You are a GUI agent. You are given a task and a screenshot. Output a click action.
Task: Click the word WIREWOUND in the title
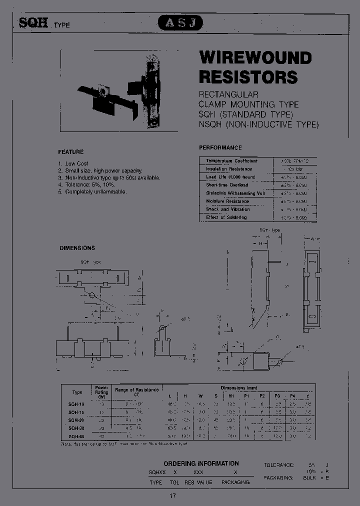coord(255,58)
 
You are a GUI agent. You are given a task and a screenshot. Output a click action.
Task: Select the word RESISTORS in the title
coord(248,77)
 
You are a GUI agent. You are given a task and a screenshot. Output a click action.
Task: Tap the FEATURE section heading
coord(71,151)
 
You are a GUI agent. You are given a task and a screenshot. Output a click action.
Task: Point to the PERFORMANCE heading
coord(220,147)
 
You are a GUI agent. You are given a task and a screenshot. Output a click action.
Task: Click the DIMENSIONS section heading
coord(77,248)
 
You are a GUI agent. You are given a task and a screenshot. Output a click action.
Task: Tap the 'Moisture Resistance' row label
coord(227,201)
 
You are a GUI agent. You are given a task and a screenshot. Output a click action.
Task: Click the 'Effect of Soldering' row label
coord(226,217)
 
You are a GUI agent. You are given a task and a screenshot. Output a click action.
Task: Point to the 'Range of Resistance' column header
coord(137,390)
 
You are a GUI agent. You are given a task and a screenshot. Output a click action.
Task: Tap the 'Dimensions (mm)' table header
coord(240,387)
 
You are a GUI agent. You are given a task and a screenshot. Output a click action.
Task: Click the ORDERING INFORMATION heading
coord(201,463)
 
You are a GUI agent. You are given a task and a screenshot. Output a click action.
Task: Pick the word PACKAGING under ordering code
coord(235,482)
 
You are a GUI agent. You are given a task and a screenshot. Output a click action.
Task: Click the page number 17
coord(172,495)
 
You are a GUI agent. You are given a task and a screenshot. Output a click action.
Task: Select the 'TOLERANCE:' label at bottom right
coord(282,465)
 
